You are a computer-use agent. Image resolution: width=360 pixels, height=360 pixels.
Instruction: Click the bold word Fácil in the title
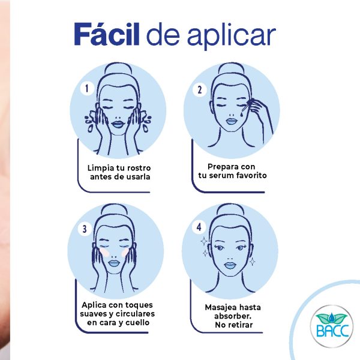(107, 34)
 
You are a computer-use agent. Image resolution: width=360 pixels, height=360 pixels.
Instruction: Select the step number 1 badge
(87, 88)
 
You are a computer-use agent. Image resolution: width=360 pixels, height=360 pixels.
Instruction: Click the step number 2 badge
(200, 90)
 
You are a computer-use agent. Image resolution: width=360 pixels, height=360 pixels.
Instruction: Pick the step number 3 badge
(85, 229)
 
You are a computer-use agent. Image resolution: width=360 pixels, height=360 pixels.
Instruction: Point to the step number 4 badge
(199, 227)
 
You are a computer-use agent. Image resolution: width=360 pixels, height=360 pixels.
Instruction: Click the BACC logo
(331, 326)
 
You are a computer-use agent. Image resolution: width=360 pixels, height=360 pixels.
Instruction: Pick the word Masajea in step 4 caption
(220, 308)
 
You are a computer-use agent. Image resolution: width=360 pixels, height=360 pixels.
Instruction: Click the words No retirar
(234, 325)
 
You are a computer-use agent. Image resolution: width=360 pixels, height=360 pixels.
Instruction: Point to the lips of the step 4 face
(230, 266)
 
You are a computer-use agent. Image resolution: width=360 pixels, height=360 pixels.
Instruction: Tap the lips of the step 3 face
(113, 263)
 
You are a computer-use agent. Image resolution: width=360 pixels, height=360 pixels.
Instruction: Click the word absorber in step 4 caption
(232, 316)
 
